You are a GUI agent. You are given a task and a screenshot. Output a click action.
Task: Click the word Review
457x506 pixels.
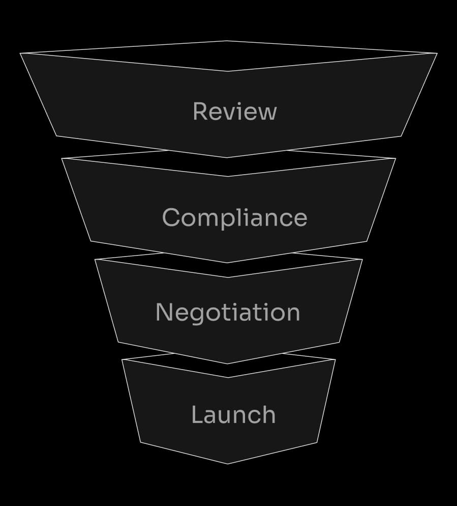pyautogui.click(x=234, y=111)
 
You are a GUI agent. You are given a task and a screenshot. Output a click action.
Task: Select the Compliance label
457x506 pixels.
pyautogui.click(x=234, y=217)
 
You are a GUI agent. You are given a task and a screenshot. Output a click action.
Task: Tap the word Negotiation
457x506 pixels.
pyautogui.click(x=228, y=312)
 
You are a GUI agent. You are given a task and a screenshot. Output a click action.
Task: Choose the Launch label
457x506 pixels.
pyautogui.click(x=233, y=415)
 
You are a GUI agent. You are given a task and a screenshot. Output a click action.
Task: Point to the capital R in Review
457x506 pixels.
pyautogui.click(x=200, y=111)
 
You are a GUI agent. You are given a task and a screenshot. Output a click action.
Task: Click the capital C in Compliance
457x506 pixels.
pyautogui.click(x=171, y=217)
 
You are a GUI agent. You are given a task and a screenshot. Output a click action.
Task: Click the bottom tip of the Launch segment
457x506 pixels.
pyautogui.click(x=227, y=464)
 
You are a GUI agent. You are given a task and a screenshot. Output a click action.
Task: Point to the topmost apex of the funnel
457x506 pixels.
pyautogui.click(x=227, y=41)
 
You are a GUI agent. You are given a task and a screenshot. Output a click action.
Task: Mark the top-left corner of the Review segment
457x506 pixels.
pyautogui.click(x=20, y=53)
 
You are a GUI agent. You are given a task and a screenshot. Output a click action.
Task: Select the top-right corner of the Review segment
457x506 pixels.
pyautogui.click(x=437, y=53)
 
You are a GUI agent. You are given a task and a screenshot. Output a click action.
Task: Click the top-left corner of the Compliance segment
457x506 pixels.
pyautogui.click(x=62, y=158)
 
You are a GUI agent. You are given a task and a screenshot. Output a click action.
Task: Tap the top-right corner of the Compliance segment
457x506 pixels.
pyautogui.click(x=395, y=158)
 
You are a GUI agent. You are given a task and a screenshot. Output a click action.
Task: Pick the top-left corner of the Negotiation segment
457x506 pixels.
pyautogui.click(x=95, y=260)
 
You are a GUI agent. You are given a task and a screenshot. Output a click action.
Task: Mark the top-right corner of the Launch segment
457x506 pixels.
pyautogui.click(x=335, y=360)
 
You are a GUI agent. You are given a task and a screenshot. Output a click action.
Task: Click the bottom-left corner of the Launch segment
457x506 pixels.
pyautogui.click(x=140, y=442)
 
